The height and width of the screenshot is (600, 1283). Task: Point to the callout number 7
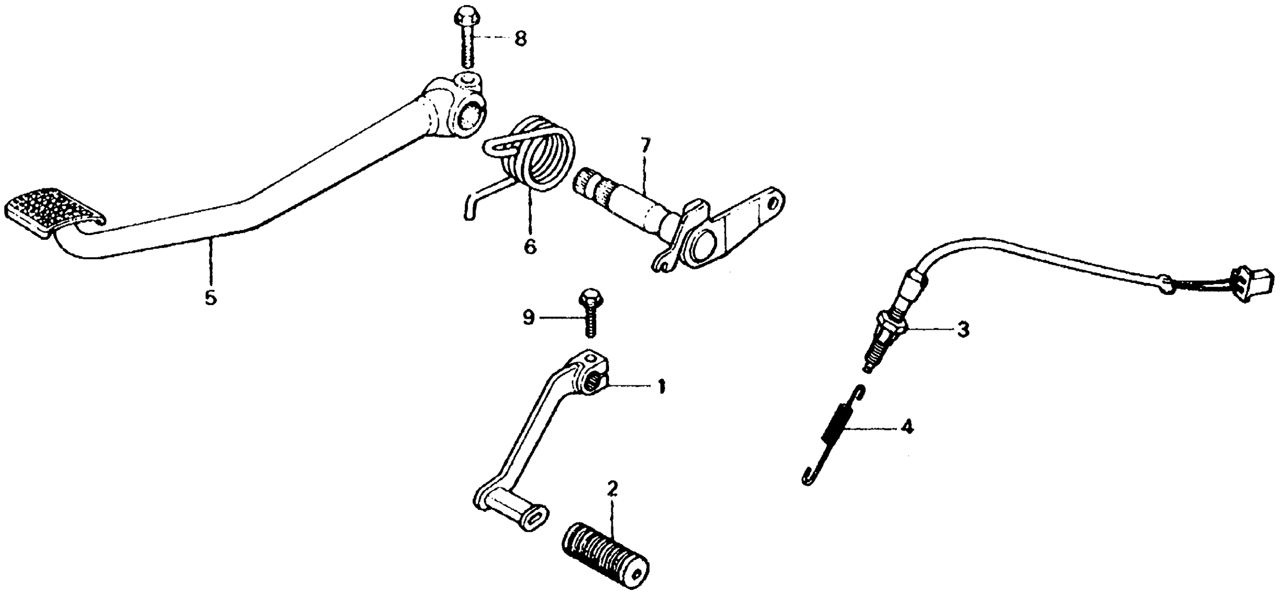point(645,146)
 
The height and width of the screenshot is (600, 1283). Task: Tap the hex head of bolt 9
point(588,299)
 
